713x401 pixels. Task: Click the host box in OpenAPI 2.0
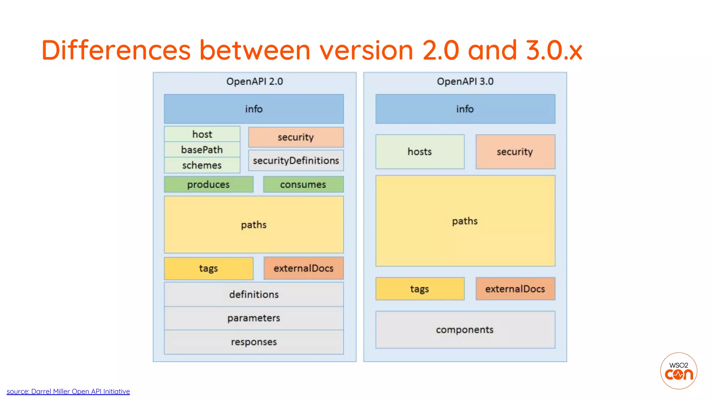[202, 134]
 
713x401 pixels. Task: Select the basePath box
[202, 150]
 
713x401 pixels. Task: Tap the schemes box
[202, 165]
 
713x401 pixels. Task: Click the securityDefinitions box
[296, 160]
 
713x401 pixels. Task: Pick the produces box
[209, 184]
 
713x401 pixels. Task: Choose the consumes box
[303, 184]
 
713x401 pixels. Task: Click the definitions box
[254, 294]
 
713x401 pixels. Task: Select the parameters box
[254, 318]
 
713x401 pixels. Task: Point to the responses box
[254, 342]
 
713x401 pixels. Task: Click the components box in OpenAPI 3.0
[465, 330]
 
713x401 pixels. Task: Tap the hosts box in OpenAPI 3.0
[420, 152]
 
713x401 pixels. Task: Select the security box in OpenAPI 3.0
[515, 152]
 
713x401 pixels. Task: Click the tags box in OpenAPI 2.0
[209, 268]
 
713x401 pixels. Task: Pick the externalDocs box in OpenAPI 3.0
[515, 289]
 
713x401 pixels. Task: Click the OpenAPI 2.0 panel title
[254, 81]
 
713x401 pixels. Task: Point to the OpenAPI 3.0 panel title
[465, 81]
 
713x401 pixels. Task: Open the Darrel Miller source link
[68, 392]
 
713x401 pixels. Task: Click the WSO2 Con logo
[679, 371]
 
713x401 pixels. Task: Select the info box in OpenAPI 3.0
[465, 109]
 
